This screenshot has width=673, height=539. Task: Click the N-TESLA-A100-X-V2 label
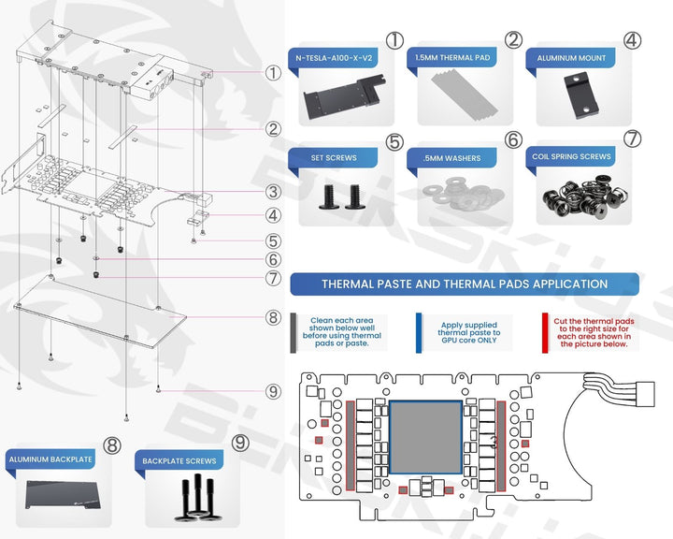336,58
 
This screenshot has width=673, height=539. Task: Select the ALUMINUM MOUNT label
571,58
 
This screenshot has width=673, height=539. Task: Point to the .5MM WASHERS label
452,158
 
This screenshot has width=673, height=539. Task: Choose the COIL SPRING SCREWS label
570,157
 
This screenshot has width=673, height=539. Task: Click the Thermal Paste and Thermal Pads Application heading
464,284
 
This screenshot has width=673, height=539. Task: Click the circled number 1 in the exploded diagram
273,71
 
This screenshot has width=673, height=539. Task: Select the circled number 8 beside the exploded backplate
272,317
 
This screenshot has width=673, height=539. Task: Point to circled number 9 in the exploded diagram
273,391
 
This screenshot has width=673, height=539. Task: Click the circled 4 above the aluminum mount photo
633,40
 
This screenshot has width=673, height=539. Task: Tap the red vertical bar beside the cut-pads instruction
544,331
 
